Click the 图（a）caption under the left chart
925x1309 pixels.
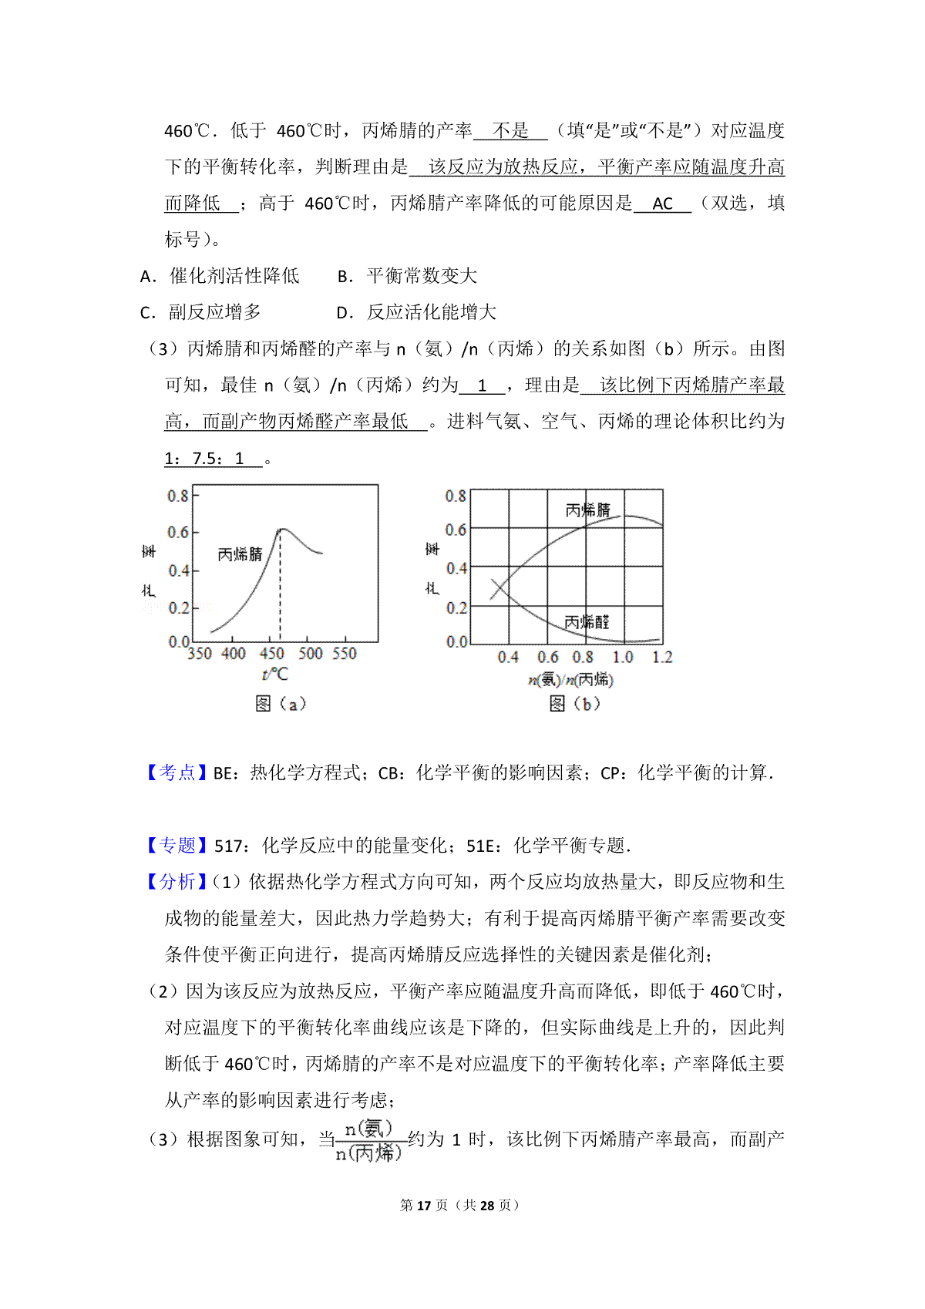click(x=281, y=703)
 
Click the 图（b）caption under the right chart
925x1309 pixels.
click(x=574, y=703)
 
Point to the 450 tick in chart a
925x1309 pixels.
click(x=271, y=654)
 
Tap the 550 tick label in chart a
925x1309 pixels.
click(x=345, y=654)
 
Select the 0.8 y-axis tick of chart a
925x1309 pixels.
click(x=178, y=496)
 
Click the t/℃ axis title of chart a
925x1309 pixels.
click(x=275, y=675)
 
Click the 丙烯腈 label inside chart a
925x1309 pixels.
click(x=240, y=554)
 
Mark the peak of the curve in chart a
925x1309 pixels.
click(x=281, y=530)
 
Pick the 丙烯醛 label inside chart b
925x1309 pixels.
click(x=587, y=622)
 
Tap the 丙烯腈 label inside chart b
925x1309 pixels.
click(x=587, y=510)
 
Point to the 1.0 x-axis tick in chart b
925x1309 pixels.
click(x=623, y=658)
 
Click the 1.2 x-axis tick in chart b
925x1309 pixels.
click(x=662, y=658)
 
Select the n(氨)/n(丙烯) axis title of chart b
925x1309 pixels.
click(x=570, y=679)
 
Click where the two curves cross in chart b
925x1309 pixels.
click(x=499, y=589)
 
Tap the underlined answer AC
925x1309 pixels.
click(x=662, y=204)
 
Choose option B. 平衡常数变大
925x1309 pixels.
click(x=408, y=276)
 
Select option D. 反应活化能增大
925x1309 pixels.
click(x=417, y=312)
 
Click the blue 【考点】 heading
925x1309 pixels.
click(x=177, y=772)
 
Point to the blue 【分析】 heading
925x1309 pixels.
click(x=177, y=881)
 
